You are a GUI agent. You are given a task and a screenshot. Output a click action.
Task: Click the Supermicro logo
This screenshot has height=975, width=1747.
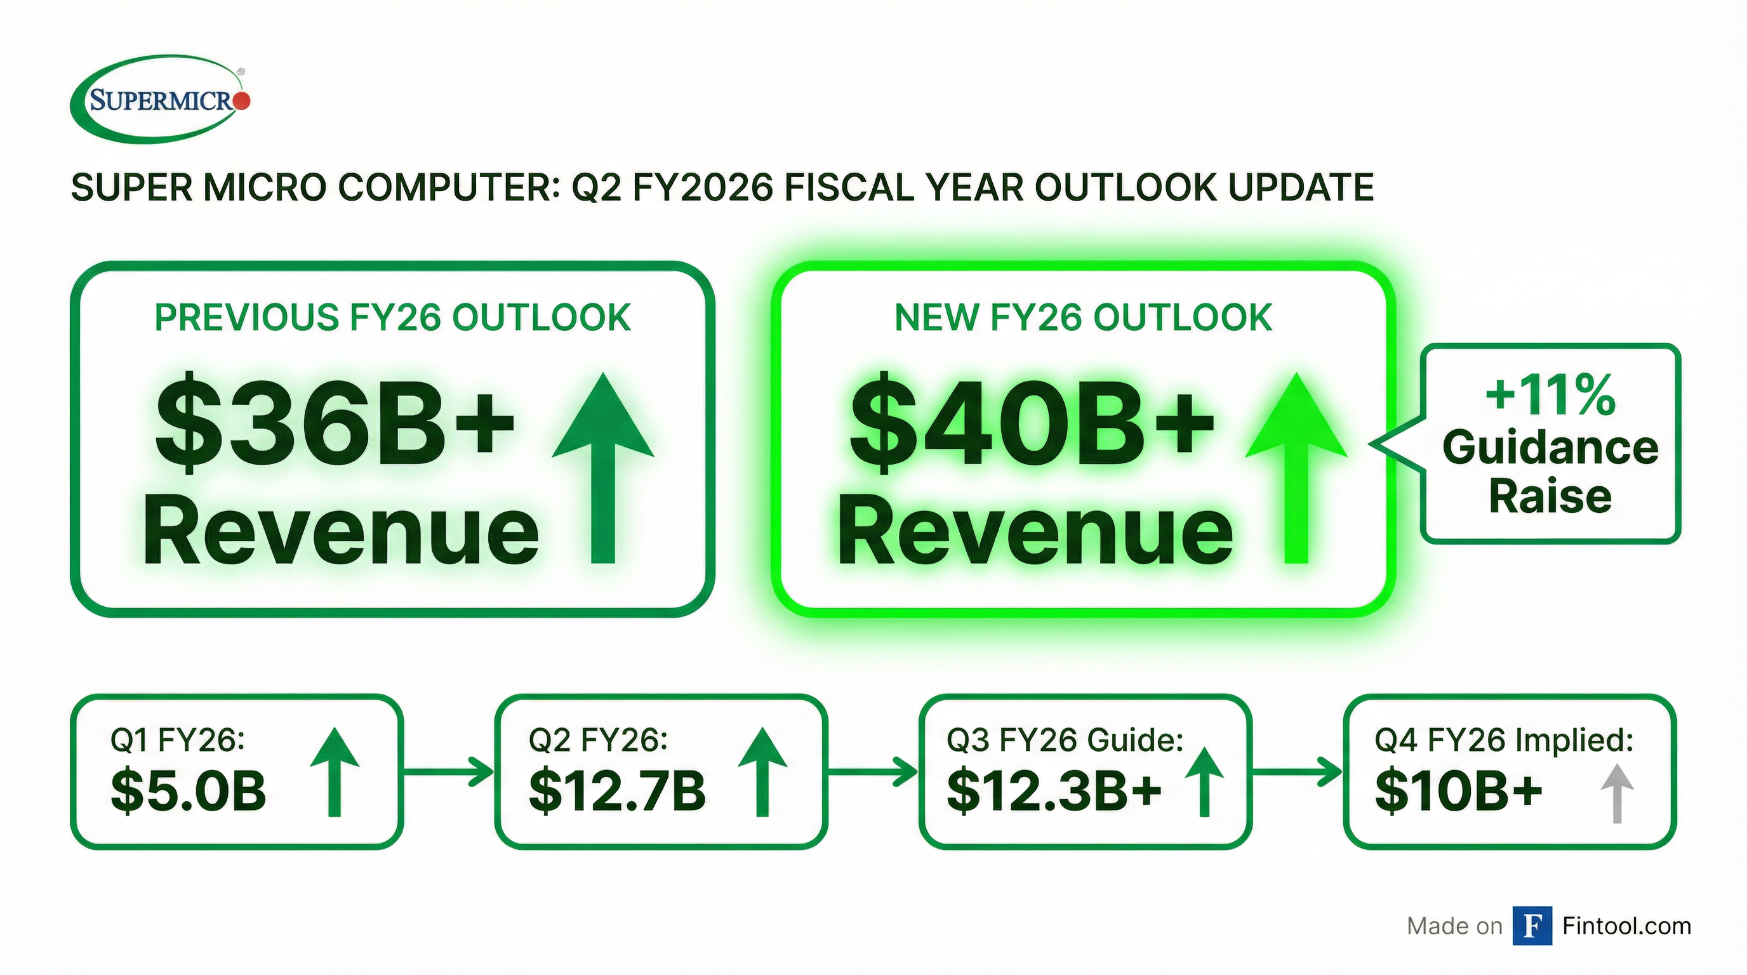click(x=160, y=99)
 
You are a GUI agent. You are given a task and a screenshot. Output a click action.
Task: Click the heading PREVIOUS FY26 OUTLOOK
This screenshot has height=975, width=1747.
click(x=393, y=318)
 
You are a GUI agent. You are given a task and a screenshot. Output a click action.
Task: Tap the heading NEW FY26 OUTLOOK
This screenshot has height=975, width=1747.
click(x=1083, y=318)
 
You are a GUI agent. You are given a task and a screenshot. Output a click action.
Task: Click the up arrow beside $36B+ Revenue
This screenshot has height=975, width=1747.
click(x=603, y=468)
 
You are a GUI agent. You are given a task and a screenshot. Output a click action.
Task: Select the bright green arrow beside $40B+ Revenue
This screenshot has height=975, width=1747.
click(x=1296, y=468)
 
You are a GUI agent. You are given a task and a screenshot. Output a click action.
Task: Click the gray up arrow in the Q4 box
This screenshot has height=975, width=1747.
click(x=1617, y=793)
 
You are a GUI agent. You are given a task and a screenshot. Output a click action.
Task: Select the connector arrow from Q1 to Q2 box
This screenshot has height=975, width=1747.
click(x=448, y=772)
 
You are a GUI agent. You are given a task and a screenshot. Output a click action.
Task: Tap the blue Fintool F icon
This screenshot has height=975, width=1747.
click(x=1532, y=925)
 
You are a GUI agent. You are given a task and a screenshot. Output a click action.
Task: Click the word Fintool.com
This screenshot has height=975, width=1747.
click(x=1626, y=925)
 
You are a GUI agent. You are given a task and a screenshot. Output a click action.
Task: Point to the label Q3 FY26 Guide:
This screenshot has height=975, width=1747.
click(x=1065, y=740)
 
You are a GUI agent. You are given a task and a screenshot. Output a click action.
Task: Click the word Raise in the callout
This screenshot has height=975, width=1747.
click(x=1550, y=496)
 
